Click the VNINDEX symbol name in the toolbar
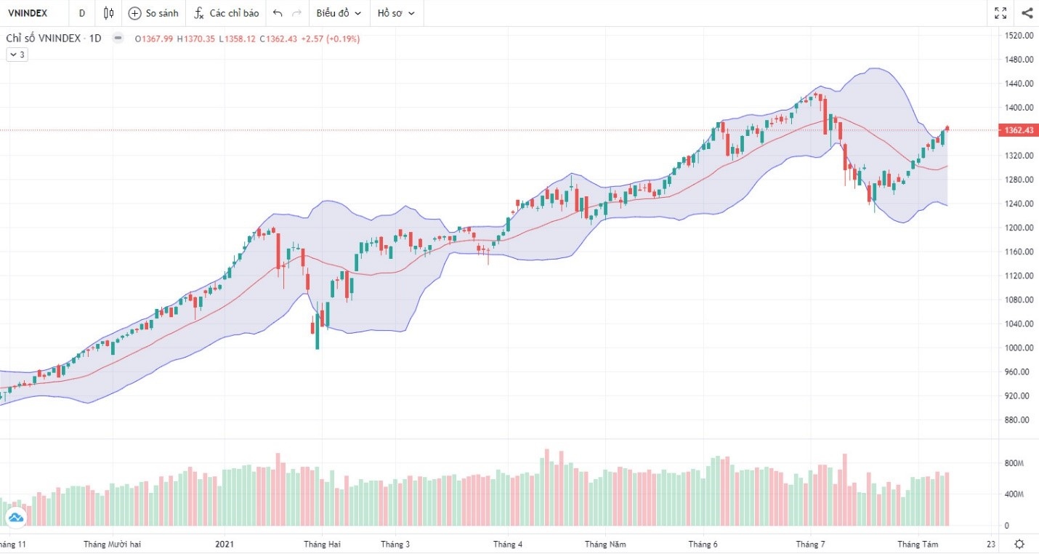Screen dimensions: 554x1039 coord(28,13)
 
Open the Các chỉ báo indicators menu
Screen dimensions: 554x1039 coord(226,13)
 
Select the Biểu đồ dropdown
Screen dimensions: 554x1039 coord(338,13)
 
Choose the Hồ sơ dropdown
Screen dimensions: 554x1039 coord(396,13)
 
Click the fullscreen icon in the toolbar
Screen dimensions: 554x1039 coord(1000,13)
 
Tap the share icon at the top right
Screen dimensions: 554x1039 coord(1027,13)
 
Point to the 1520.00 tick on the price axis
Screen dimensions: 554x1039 coord(1018,36)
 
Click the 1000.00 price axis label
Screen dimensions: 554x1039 coord(1018,348)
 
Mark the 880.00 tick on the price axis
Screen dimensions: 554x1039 coord(1018,419)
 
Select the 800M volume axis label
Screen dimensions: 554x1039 coord(1014,463)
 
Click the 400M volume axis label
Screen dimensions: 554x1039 coord(1014,494)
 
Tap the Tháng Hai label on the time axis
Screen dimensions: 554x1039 coord(322,544)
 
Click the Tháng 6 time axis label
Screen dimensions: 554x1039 coord(703,544)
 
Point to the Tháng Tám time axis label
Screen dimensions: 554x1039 coord(918,544)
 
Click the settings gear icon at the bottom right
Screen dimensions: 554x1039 coord(1020,544)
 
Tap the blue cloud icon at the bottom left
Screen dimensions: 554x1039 coord(15,518)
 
